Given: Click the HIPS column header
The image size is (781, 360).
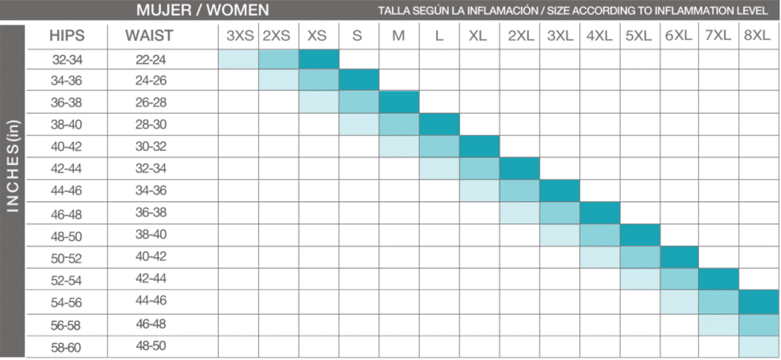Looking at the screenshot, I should (x=67, y=36).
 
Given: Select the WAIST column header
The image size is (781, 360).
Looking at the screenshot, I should (x=149, y=36).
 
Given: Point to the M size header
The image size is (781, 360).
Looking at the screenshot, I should (x=398, y=36).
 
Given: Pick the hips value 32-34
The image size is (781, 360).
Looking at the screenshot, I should (x=67, y=59).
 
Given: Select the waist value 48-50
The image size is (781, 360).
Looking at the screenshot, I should (x=151, y=346).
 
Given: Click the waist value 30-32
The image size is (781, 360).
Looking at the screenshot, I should (x=151, y=146).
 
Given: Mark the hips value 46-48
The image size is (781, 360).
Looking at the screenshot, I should (x=66, y=215).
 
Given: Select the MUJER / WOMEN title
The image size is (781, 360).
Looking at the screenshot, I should (x=202, y=10).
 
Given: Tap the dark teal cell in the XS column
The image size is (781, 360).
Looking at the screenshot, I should (x=319, y=59).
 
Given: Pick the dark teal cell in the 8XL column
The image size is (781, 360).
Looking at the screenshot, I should (x=759, y=302).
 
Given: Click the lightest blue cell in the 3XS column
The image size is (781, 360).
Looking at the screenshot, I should (x=238, y=59).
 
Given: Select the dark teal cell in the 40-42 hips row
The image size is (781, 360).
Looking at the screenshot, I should (x=479, y=146).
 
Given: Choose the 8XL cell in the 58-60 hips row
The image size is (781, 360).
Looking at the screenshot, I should (x=759, y=346).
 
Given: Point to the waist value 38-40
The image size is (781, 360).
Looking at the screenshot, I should (x=151, y=235).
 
